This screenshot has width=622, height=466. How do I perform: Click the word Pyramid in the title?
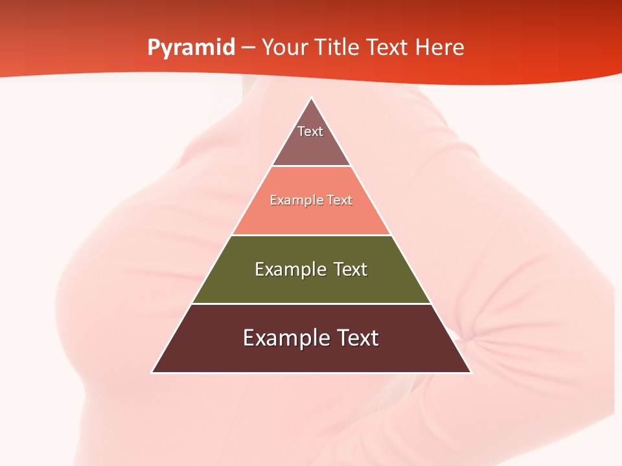tap(191, 48)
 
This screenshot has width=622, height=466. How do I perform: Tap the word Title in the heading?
tap(337, 48)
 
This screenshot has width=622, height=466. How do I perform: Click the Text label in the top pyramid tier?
tap(310, 131)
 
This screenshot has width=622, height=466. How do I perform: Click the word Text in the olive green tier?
tap(351, 269)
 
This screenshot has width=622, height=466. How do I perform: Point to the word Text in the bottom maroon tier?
tap(358, 338)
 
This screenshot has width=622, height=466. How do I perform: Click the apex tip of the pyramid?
tap(312, 98)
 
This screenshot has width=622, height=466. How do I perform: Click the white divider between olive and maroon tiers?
tap(311, 304)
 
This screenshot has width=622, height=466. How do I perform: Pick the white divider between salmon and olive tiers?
tap(311, 235)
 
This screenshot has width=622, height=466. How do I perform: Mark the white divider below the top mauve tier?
tap(311, 166)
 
